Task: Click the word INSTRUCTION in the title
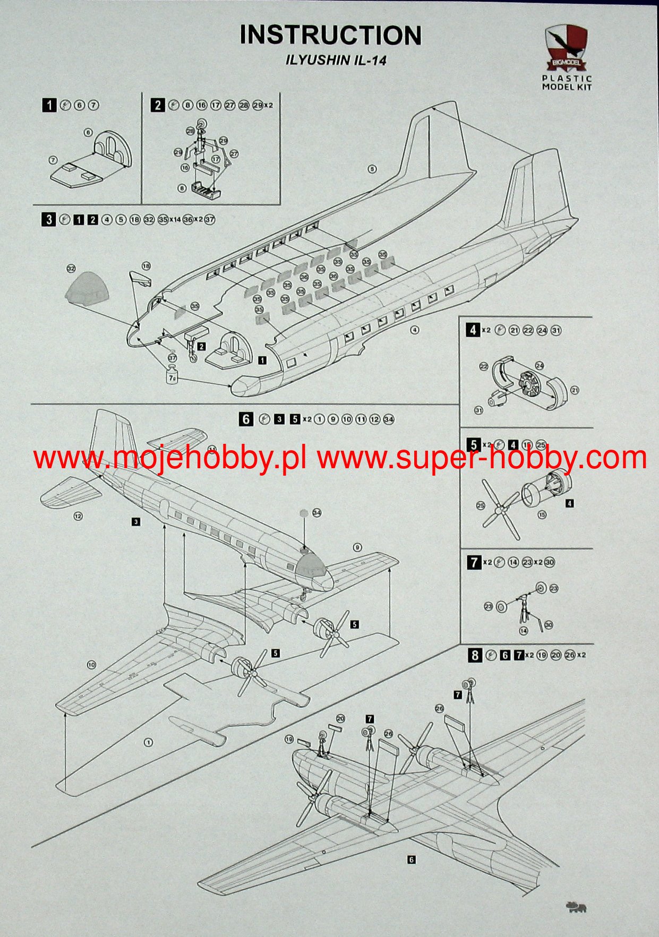coord(330,36)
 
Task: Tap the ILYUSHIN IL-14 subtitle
coord(336,60)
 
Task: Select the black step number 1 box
coord(49,105)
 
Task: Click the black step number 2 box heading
coord(157,105)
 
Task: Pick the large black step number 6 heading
coord(246,419)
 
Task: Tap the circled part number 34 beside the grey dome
coord(317,512)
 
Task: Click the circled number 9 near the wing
coord(357,547)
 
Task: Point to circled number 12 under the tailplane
coord(78,515)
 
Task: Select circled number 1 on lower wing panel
coord(148,742)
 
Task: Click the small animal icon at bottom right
coord(577,907)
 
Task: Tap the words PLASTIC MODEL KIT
coord(567,82)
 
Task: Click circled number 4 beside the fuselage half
coord(415,330)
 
